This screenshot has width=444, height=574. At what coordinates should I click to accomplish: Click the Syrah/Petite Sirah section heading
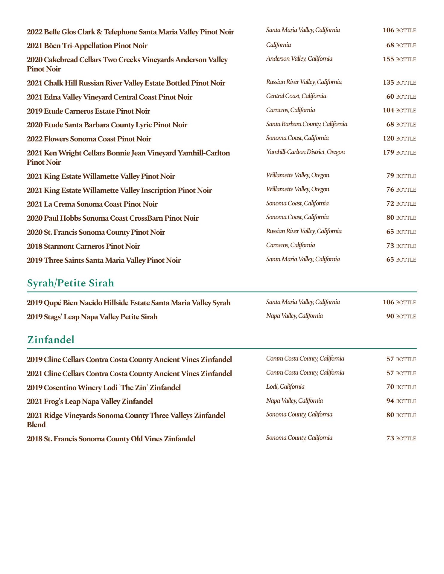click(71, 283)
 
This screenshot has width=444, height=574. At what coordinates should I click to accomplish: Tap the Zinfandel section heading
click(51, 340)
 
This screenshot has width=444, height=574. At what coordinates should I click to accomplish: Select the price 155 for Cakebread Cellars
click(388, 59)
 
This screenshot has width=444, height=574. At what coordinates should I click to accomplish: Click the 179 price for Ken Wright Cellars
click(388, 152)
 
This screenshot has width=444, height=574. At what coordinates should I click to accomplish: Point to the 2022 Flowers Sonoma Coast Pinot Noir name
click(89, 139)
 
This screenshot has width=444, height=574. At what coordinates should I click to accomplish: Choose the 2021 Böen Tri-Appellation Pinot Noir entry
click(87, 46)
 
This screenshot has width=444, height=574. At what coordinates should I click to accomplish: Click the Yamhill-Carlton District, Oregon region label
click(305, 152)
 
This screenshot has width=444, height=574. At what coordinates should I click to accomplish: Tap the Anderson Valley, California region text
click(299, 59)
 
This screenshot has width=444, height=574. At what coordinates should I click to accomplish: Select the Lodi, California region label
click(285, 387)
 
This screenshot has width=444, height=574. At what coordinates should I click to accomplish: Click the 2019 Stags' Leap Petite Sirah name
click(92, 317)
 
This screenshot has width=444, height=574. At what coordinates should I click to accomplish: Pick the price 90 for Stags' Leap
click(390, 316)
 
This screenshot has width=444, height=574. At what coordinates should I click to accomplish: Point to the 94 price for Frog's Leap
click(390, 401)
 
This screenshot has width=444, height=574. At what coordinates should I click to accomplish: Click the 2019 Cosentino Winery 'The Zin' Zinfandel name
click(104, 388)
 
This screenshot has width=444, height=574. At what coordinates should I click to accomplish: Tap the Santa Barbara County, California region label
click(307, 124)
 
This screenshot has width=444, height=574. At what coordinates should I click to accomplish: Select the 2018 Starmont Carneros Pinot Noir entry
click(83, 246)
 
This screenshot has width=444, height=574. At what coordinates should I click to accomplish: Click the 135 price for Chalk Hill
click(388, 83)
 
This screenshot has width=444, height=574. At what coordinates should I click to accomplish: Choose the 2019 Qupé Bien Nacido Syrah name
click(129, 303)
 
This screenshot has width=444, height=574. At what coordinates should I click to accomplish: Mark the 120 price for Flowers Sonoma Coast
click(388, 138)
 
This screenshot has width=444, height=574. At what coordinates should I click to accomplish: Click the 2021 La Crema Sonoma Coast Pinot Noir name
click(92, 204)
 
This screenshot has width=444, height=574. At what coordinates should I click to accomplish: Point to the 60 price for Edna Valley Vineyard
click(390, 97)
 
